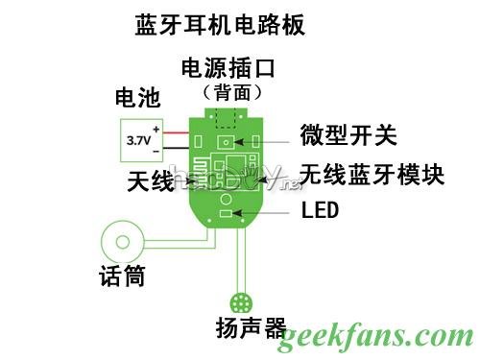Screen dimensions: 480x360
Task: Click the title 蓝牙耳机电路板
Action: coord(220,25)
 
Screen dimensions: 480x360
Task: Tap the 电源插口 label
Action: coord(228,70)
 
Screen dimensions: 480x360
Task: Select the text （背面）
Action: coord(230,92)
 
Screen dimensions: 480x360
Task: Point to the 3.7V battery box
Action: coord(138,140)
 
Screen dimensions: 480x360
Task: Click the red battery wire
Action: coord(174,132)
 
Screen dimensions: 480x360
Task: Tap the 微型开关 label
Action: coord(348,134)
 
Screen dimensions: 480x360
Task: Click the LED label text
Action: coord(320,209)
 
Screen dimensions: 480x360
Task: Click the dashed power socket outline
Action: coord(228,116)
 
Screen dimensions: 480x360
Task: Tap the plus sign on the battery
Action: coord(155,130)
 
